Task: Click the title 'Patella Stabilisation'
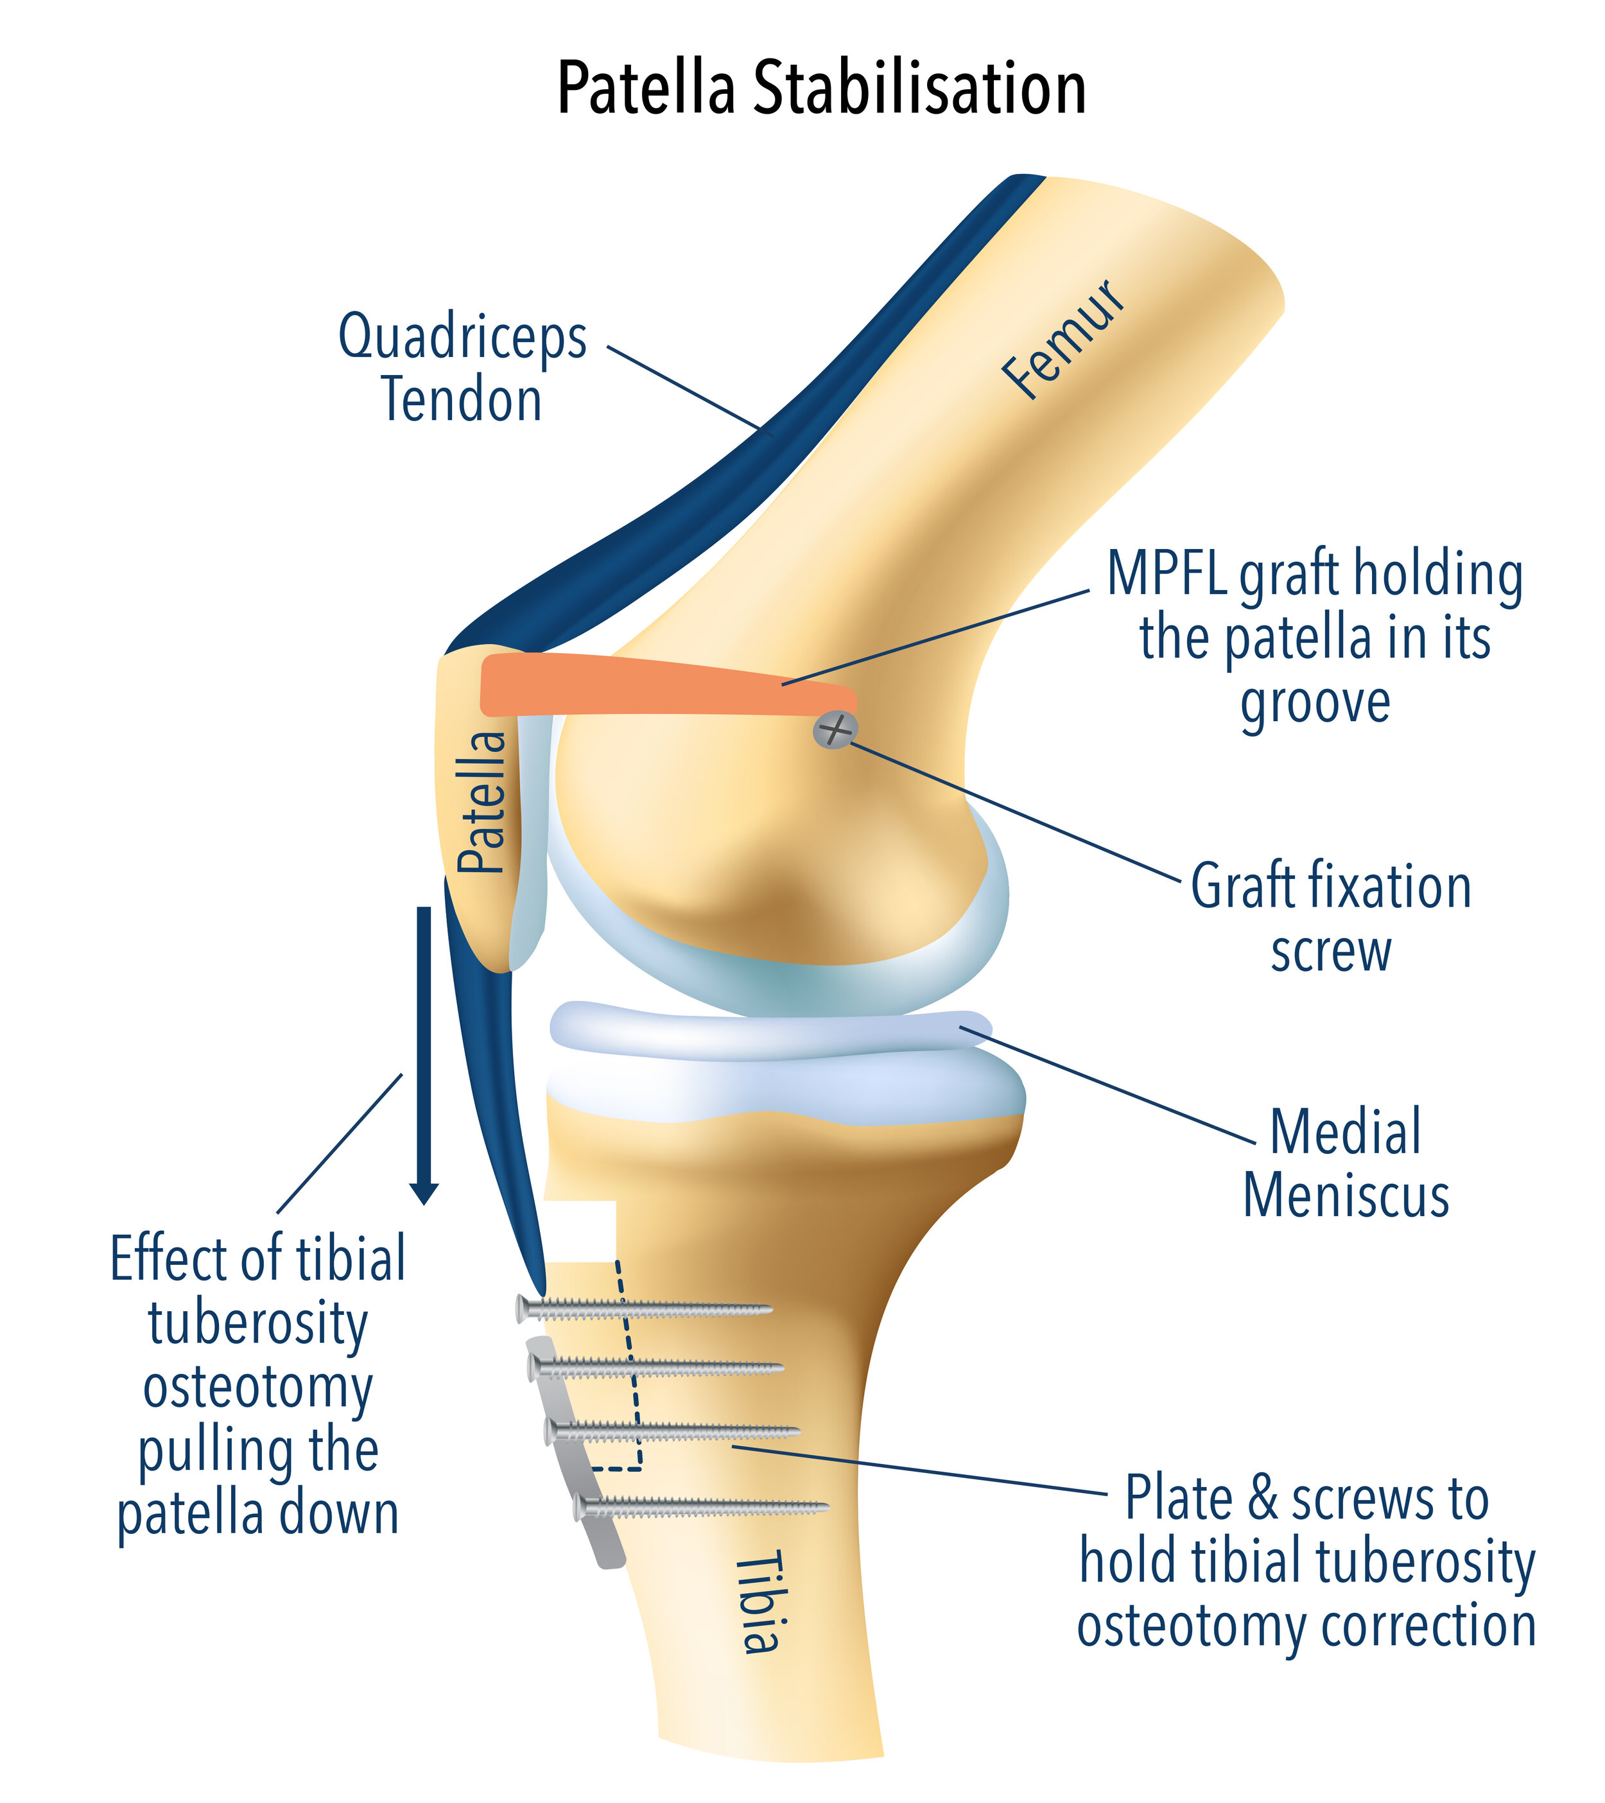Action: coord(821,88)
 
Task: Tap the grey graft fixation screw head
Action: coord(834,730)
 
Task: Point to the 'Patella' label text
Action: coord(482,802)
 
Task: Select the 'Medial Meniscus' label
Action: coord(1346,1163)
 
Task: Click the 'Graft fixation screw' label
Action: coord(1331,918)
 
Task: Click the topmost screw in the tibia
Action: coord(644,1309)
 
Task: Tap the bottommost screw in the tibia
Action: coord(701,1510)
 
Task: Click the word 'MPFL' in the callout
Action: coord(1167,573)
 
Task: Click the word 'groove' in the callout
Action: coord(1315,703)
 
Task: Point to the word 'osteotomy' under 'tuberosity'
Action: coord(257,1388)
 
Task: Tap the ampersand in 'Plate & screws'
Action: coord(1263,1499)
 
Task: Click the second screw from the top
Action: coord(657,1368)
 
